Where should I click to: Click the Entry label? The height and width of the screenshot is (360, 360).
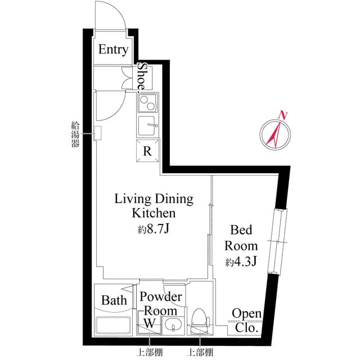click(x=114, y=49)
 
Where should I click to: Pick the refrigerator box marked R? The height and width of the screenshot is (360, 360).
click(x=147, y=151)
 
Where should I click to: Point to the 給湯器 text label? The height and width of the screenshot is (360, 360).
click(x=75, y=133)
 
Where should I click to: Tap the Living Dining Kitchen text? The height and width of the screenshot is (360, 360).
click(x=154, y=206)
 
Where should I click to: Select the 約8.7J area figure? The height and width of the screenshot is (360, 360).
click(x=154, y=229)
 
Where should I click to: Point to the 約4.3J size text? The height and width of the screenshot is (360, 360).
click(x=242, y=262)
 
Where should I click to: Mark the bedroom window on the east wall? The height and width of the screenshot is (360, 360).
click(x=278, y=241)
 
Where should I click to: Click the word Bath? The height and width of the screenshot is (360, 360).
click(x=114, y=300)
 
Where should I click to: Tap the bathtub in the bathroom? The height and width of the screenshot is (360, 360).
click(x=115, y=325)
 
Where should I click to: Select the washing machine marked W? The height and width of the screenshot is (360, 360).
click(x=149, y=324)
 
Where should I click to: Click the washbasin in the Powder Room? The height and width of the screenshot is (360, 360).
click(x=173, y=325)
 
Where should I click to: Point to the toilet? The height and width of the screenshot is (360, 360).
click(x=200, y=321)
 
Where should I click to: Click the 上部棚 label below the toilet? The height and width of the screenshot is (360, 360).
click(x=201, y=352)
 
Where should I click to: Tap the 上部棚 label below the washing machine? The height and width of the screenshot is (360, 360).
click(x=149, y=352)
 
